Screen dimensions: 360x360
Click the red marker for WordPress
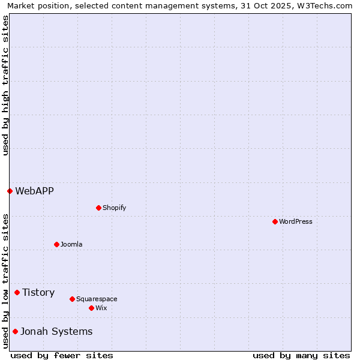(275, 221)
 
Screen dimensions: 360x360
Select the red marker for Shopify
(98, 208)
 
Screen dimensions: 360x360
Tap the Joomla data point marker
(56, 244)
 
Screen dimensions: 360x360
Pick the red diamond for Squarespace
(72, 299)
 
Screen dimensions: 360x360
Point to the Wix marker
(91, 308)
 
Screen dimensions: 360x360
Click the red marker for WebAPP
(10, 191)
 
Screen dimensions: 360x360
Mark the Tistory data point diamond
(17, 292)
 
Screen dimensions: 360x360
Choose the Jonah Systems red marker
(15, 331)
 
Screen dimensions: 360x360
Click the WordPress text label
(296, 221)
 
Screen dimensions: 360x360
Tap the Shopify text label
(114, 208)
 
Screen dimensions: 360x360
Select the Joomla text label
(71, 244)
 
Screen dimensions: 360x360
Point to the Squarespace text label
(97, 299)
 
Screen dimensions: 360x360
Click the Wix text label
(101, 308)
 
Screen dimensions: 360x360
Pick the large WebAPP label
(34, 191)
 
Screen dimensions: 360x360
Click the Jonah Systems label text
(56, 331)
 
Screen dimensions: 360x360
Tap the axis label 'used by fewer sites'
(62, 355)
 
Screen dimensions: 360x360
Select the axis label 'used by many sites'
(301, 355)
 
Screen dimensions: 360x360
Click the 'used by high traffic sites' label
(5, 85)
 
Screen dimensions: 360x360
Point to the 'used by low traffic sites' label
(5, 280)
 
